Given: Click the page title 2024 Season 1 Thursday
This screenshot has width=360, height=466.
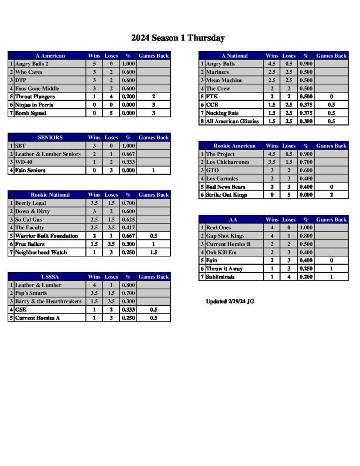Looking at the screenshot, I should pyautogui.click(x=178, y=38).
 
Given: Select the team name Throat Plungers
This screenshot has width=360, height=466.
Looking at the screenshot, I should pyautogui.click(x=35, y=97).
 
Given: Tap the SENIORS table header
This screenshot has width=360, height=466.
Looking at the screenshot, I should pyautogui.click(x=50, y=137).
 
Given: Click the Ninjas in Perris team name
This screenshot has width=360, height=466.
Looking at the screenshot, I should pyautogui.click(x=34, y=105).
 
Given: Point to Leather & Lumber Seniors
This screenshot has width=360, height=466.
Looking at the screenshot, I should pyautogui.click(x=48, y=154).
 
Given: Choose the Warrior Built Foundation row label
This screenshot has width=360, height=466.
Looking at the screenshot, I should pyautogui.click(x=46, y=236).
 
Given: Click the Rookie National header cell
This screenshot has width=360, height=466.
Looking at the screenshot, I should pyautogui.click(x=50, y=195).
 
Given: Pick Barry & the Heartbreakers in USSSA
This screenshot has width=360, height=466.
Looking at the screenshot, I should pyautogui.click(x=48, y=302).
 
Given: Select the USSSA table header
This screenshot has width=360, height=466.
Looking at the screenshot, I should pyautogui.click(x=50, y=277).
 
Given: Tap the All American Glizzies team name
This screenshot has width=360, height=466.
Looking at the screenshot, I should pyautogui.click(x=232, y=122).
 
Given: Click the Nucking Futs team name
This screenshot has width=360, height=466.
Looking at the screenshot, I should pyautogui.click(x=222, y=113).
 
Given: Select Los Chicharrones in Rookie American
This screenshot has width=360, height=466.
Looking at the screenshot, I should pyautogui.click(x=228, y=162).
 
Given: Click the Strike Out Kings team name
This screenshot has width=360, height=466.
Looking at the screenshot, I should pyautogui.click(x=226, y=195).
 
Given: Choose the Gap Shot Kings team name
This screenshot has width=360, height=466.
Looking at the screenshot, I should pyautogui.click(x=225, y=236).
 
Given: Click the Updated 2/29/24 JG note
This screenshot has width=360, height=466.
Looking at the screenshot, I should pyautogui.click(x=230, y=301).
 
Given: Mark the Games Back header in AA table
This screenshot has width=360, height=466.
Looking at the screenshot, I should pyautogui.click(x=331, y=220).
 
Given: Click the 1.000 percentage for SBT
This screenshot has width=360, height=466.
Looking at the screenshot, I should pyautogui.click(x=128, y=146).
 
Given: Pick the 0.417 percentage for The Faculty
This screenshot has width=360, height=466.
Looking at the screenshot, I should pyautogui.click(x=128, y=228).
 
